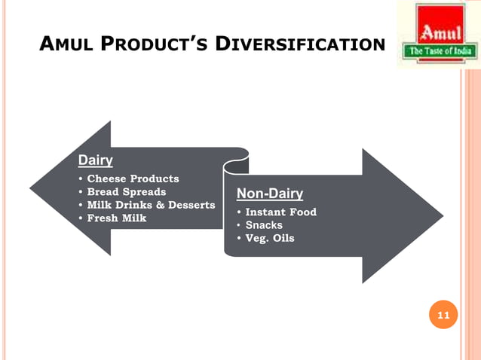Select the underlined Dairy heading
click(95, 160)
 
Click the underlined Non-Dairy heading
click(270, 194)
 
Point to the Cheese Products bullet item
click(133, 178)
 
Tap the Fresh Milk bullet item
click(116, 218)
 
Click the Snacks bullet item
click(264, 225)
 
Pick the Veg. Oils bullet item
click(270, 239)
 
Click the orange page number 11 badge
click(443, 316)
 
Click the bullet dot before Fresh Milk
click(81, 218)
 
